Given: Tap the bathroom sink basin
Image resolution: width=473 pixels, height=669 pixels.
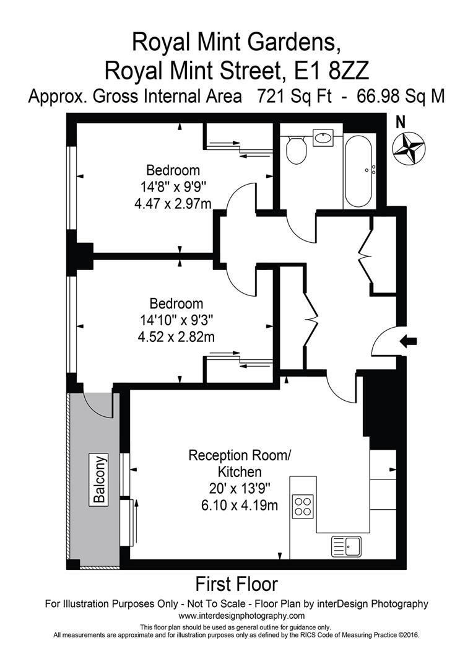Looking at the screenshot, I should [324, 138].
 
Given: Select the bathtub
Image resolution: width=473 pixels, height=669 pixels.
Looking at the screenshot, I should [358, 171].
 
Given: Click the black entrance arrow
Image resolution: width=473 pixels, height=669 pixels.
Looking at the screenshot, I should [410, 341].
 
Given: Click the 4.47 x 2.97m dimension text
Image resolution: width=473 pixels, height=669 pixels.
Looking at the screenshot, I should [173, 202].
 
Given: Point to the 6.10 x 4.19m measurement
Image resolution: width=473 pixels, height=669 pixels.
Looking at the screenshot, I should [240, 505].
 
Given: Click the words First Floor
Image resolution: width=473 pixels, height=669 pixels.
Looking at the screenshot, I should [236, 584].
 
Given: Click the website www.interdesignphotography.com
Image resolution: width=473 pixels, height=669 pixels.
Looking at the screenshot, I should [241, 616].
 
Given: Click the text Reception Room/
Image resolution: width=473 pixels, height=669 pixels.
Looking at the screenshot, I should [239, 457].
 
